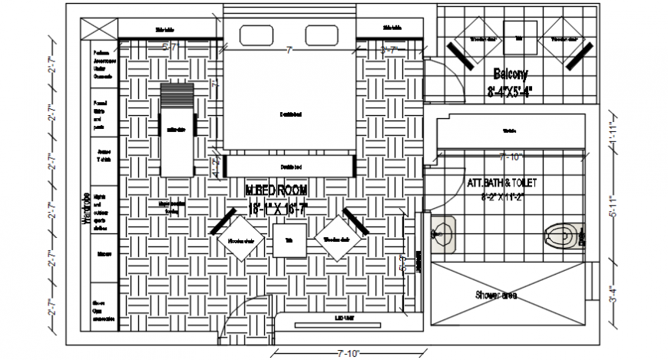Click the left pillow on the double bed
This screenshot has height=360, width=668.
point(256,35)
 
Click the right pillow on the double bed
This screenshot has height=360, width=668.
point(322,35)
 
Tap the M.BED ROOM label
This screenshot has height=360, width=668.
point(276,190)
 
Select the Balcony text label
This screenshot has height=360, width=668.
point(511,74)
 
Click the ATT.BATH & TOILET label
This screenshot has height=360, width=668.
point(502,183)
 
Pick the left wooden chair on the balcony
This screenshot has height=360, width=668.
point(481,38)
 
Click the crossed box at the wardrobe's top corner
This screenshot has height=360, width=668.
point(98,29)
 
